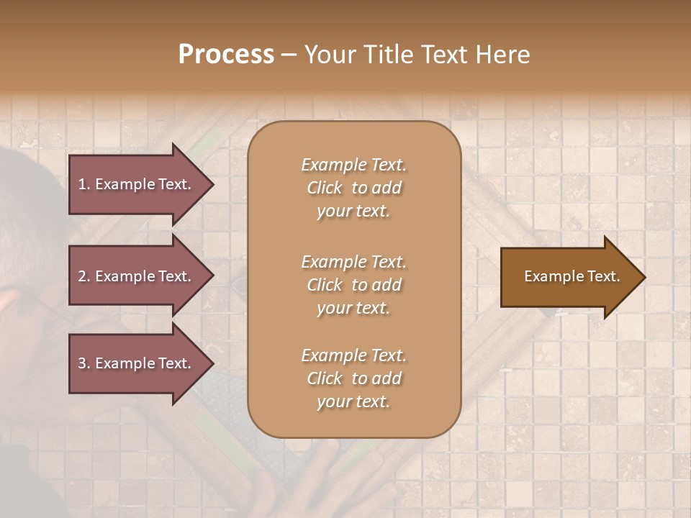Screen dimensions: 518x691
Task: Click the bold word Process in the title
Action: [x=226, y=55]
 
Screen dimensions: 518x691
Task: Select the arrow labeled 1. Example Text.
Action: [x=137, y=184]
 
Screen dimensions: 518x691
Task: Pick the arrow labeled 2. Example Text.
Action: [x=137, y=276]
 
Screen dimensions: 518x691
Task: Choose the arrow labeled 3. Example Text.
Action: [x=137, y=363]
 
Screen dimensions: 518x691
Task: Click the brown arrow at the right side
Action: [x=569, y=276]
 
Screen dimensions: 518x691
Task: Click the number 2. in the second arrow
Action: [x=84, y=276]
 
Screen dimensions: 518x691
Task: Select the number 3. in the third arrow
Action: [x=84, y=363]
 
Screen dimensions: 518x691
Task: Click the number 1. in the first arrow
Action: [x=84, y=184]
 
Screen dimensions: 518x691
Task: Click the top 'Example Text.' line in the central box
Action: [x=353, y=165]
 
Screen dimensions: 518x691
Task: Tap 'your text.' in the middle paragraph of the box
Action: [x=353, y=307]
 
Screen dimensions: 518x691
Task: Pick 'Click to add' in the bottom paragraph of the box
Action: [x=353, y=378]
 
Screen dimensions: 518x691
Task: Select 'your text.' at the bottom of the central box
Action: [x=353, y=401]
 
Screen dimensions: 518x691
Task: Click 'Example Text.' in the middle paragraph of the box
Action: [x=353, y=261]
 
